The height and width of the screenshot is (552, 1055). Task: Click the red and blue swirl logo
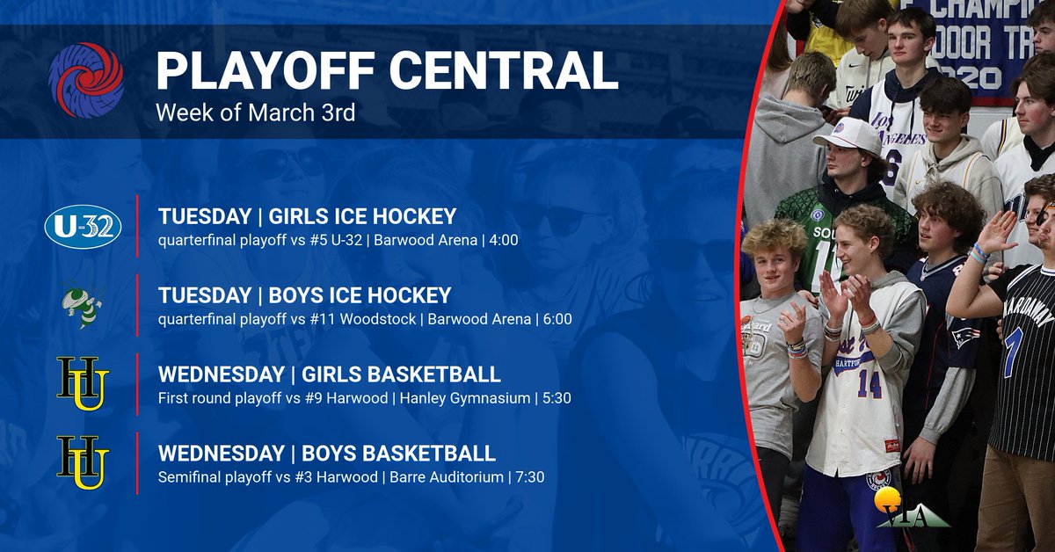tap(86, 80)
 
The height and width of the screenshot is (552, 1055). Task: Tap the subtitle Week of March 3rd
tap(255, 113)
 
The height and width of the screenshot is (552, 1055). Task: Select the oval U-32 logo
tap(83, 228)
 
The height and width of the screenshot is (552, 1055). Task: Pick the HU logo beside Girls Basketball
tap(83, 384)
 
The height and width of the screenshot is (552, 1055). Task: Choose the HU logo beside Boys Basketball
tap(83, 462)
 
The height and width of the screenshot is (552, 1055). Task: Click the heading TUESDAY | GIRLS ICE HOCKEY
tap(307, 216)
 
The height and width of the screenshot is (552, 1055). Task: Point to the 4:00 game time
tap(501, 239)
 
